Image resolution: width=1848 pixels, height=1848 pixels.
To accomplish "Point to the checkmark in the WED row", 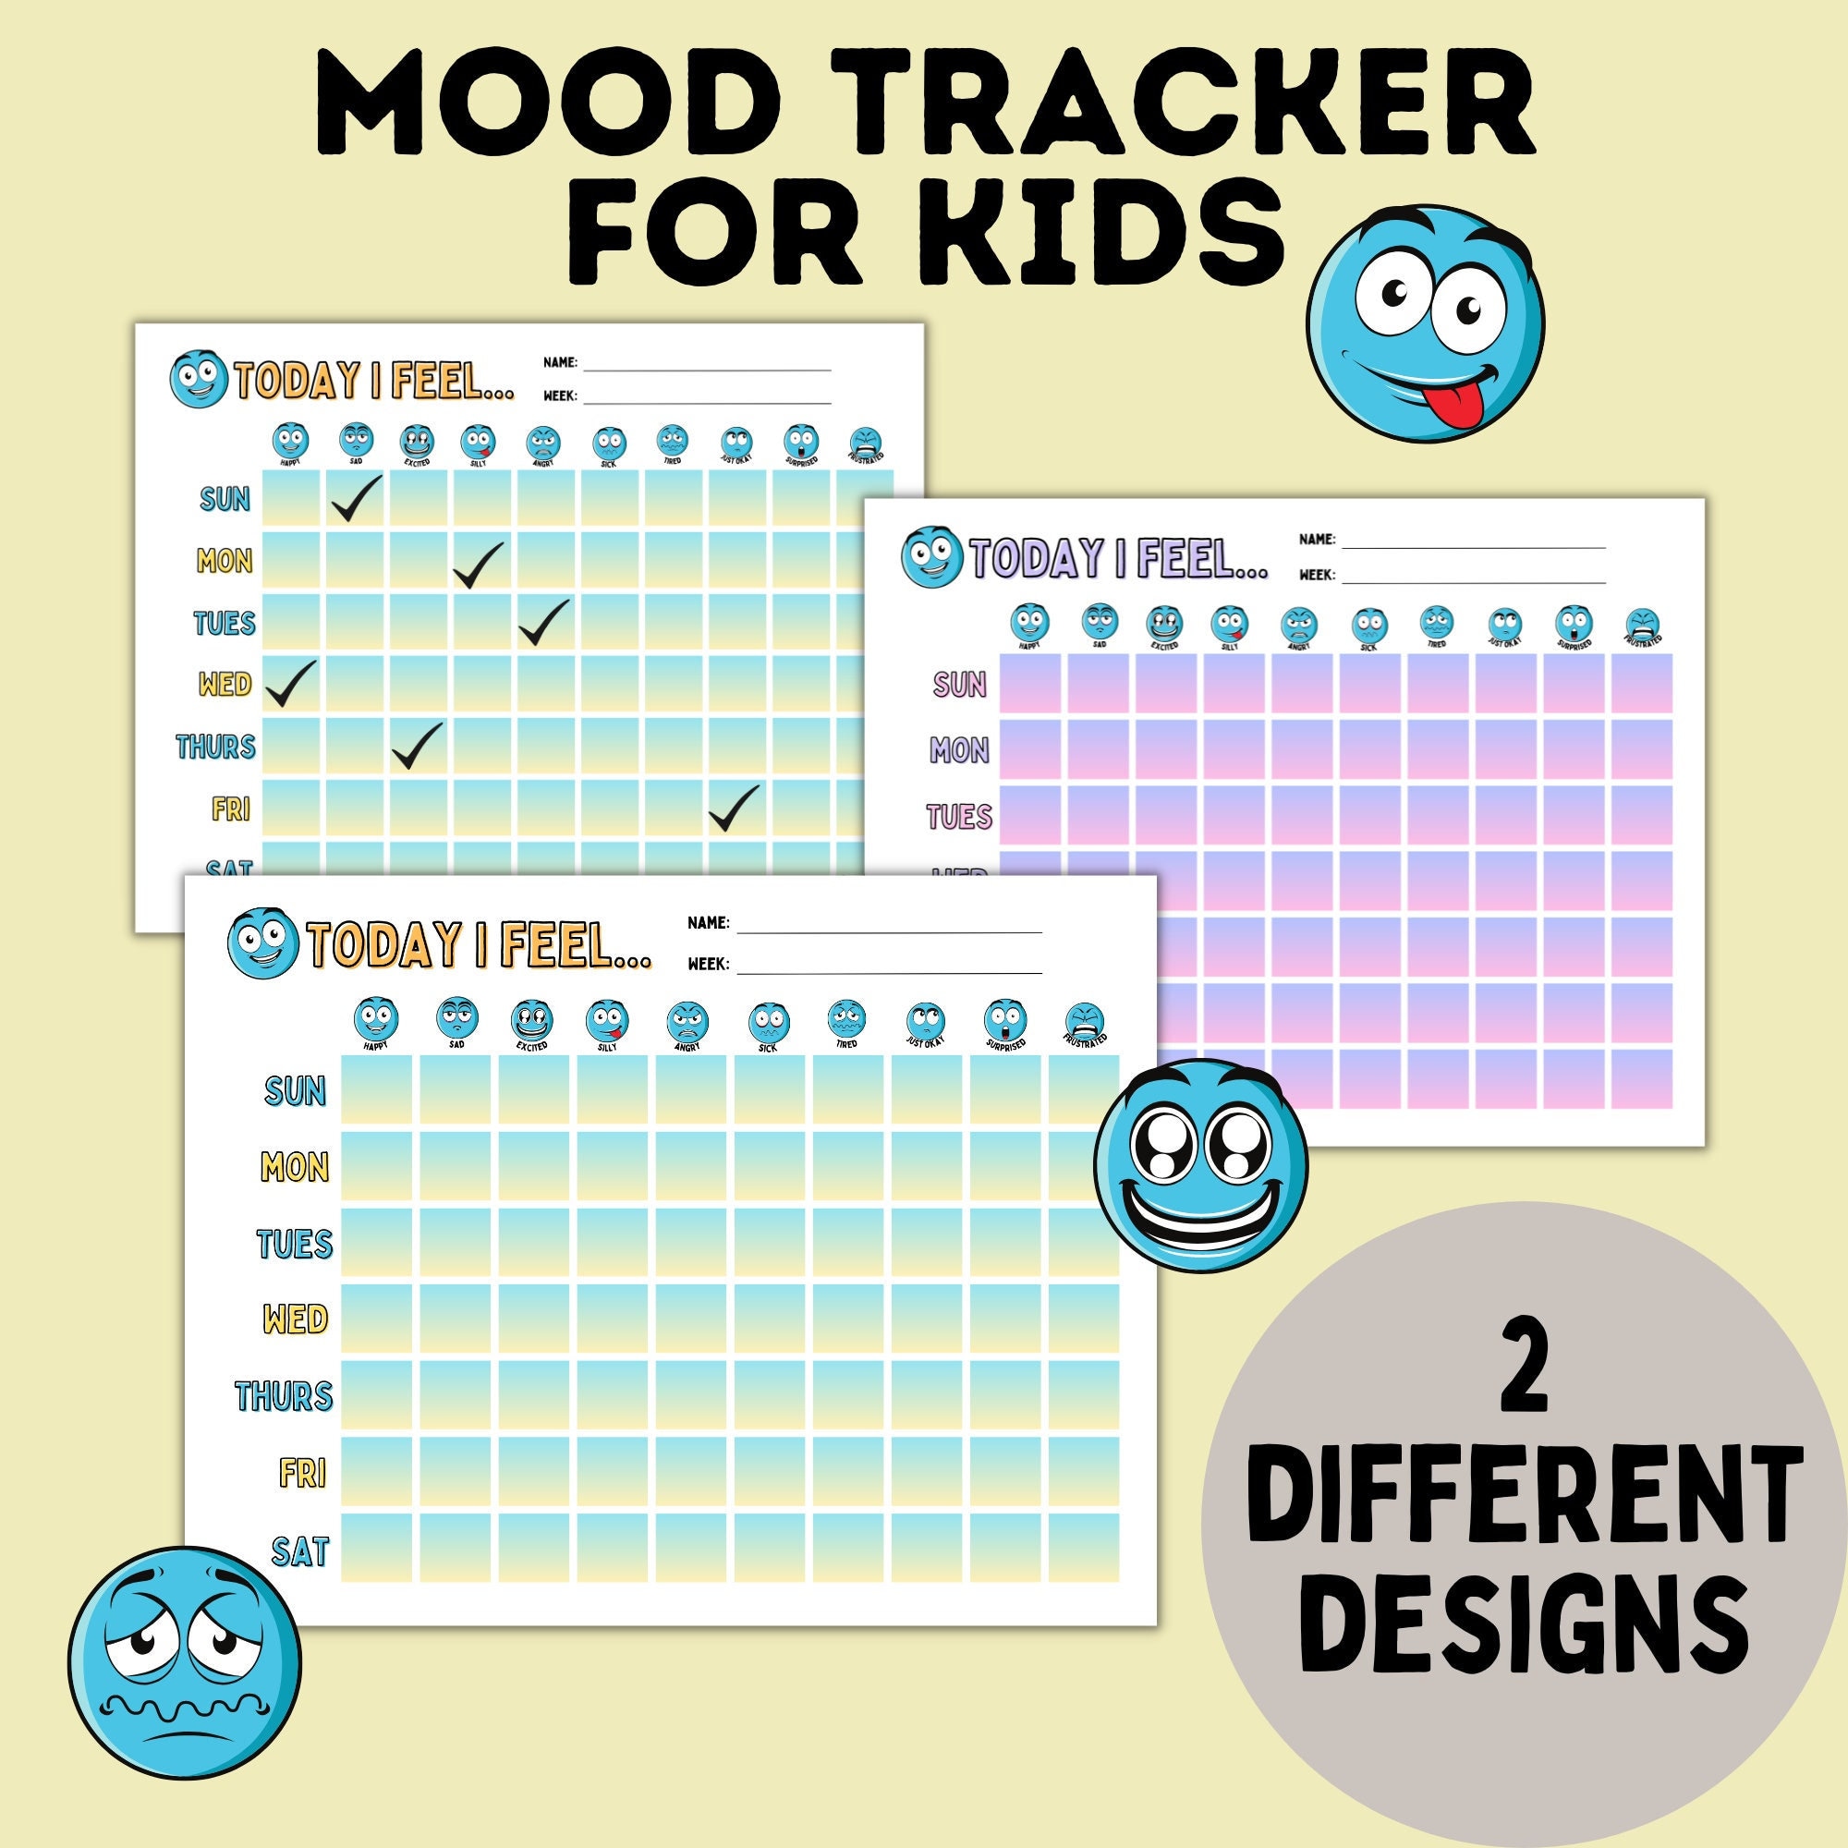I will pos(289,683).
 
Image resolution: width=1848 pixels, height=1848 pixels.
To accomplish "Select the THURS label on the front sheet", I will pos(284,1395).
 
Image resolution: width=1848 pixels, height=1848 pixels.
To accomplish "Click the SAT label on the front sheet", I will pos(299,1550).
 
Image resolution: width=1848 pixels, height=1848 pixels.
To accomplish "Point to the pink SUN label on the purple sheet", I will pos(959,684).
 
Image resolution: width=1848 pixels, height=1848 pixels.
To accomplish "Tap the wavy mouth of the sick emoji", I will pos(182,1708).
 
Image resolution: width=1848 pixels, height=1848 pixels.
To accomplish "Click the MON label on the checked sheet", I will pos(225,561).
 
